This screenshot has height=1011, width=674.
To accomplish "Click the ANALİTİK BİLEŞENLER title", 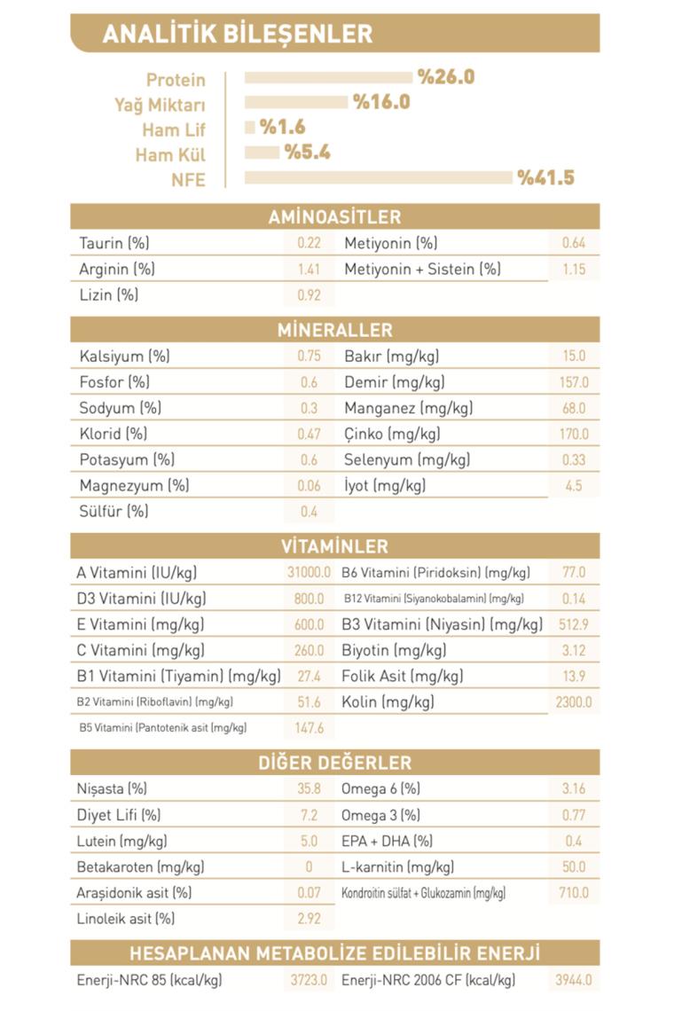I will click(x=237, y=34).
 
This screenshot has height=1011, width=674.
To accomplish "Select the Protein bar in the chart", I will click(x=328, y=78).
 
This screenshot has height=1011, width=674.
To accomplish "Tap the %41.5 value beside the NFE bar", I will click(x=546, y=178).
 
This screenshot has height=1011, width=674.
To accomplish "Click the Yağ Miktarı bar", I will click(x=296, y=102).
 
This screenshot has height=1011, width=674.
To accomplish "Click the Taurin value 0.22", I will click(x=309, y=243).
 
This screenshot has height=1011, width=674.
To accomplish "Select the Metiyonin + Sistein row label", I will click(x=422, y=269).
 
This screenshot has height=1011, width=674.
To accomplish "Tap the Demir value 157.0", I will click(x=574, y=382).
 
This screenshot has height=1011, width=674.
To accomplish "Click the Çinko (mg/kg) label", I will click(x=392, y=434).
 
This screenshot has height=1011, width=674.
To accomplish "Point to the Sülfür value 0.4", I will click(x=309, y=512).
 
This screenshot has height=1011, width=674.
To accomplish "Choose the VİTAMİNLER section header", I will click(x=334, y=546).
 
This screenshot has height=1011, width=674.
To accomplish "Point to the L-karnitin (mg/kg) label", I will click(x=397, y=866).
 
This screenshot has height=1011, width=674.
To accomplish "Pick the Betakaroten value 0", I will click(x=309, y=866).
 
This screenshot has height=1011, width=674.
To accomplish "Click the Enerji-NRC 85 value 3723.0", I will click(x=309, y=981).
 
